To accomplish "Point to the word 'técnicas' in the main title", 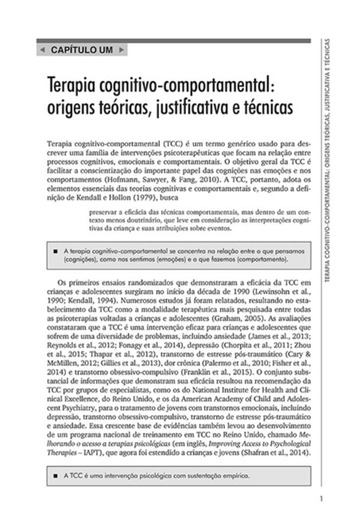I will (x=257, y=110).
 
